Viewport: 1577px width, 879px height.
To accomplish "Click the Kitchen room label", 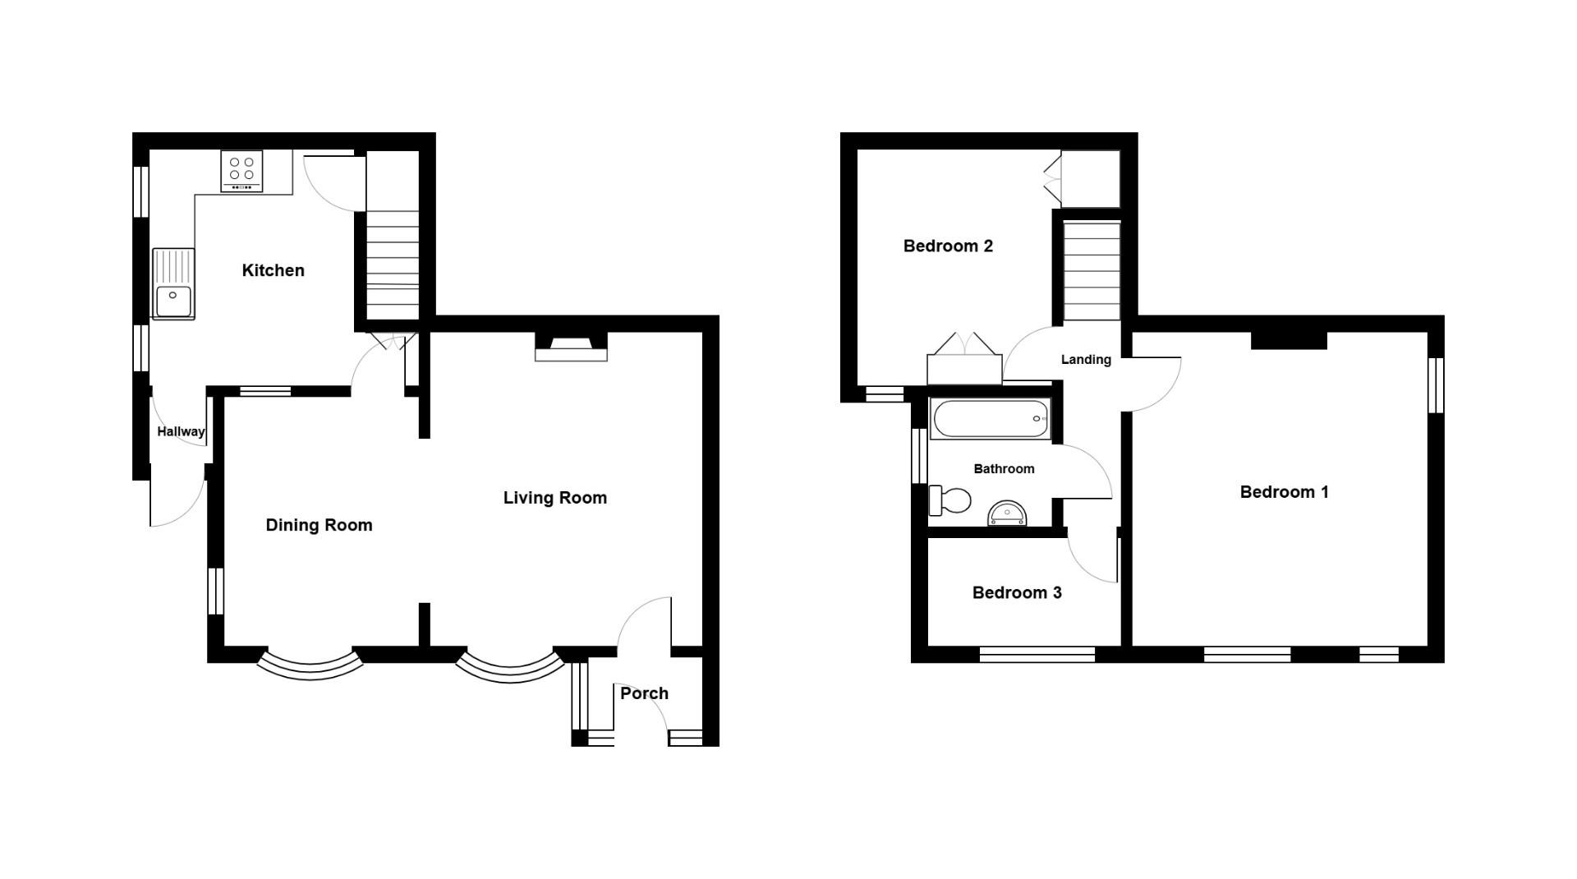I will [x=273, y=270].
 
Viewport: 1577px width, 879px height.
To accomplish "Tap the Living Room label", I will [x=554, y=498].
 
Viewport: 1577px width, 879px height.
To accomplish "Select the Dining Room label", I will [x=319, y=525].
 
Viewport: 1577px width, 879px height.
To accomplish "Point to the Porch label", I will [x=644, y=693].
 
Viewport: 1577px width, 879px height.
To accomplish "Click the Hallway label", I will [x=181, y=431].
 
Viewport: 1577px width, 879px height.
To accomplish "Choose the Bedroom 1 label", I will [x=1284, y=492].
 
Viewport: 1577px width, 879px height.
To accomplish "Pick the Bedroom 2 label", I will [x=948, y=246].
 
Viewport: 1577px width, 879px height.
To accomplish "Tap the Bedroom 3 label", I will [x=1017, y=592].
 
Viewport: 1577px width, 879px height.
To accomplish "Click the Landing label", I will [x=1086, y=359].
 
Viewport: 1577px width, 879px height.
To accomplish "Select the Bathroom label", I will [x=1004, y=468].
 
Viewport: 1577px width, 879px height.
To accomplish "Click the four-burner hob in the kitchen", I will [x=241, y=172].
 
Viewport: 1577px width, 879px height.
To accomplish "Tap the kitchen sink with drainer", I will [x=173, y=283].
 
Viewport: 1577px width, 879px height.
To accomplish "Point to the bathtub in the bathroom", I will [x=990, y=419].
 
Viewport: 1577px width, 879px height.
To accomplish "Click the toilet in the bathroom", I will [x=949, y=499].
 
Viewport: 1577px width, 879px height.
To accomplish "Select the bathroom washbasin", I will [x=1007, y=513].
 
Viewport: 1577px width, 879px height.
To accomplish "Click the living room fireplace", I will [x=571, y=348].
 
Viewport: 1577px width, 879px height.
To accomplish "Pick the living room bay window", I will [x=510, y=667].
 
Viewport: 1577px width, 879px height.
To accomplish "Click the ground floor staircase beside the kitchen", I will [x=392, y=263].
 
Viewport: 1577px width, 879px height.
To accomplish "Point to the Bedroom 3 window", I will [x=1037, y=654].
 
